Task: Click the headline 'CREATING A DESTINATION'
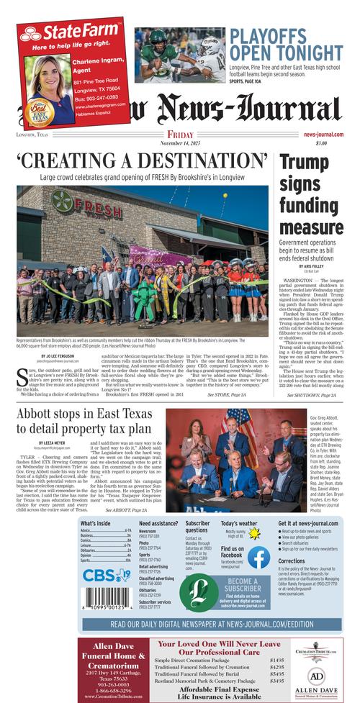point(141,160)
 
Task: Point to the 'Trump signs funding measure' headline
point(311,194)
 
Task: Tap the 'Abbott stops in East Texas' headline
point(84,421)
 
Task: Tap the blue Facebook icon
point(258,557)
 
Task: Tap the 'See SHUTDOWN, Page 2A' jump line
point(311,395)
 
